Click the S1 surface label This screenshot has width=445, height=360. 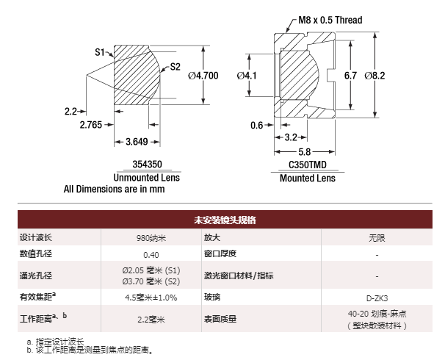tap(100, 52)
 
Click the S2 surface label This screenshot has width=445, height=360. tap(175, 67)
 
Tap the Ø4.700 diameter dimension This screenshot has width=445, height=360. tap(203, 76)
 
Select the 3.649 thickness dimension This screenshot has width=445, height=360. tap(137, 141)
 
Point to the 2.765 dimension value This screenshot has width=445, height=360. tap(91, 125)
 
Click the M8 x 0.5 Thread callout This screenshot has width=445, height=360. tap(330, 20)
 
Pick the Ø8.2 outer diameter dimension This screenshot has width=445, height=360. tap(375, 76)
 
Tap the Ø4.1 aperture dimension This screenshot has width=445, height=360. tap(247, 76)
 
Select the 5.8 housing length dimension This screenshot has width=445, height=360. tap(305, 152)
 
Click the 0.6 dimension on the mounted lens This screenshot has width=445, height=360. tap(257, 125)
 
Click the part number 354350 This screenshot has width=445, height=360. tap(148, 164)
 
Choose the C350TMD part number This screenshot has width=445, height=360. tap(308, 165)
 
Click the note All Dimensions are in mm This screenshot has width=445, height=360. tap(114, 189)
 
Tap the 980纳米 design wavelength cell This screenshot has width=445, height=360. tap(151, 238)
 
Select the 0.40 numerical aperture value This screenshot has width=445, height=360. tap(151, 255)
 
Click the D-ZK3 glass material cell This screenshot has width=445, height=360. tap(377, 298)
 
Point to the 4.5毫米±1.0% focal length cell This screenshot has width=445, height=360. tap(151, 298)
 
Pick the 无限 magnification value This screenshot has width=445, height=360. tap(377, 238)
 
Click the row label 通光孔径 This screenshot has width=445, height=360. tap(36, 276)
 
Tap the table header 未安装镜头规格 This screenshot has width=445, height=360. tap(225, 220)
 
